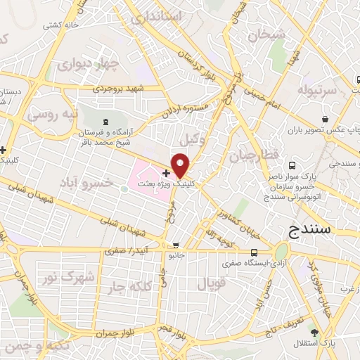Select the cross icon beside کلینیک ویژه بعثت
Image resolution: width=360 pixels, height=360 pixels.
point(166,173)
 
